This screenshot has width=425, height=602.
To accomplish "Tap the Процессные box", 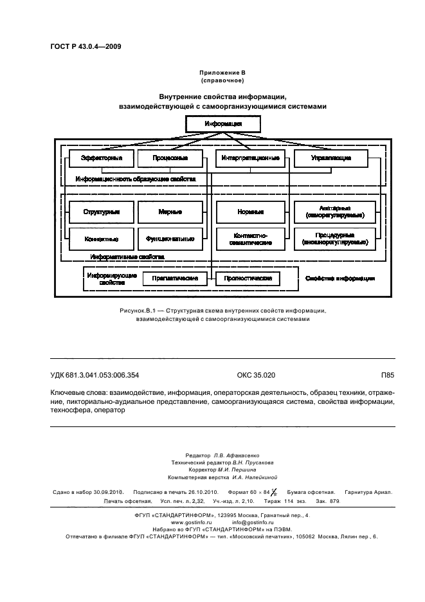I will pyautogui.click(x=170, y=158).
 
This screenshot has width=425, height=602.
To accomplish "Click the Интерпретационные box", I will pyautogui.click(x=250, y=158).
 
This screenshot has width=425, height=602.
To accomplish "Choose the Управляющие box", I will pyautogui.click(x=330, y=158).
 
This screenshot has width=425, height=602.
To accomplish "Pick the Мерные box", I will pyautogui.click(x=170, y=212).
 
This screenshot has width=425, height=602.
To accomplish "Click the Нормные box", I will pyautogui.click(x=250, y=212).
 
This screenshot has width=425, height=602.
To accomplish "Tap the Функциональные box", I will pyautogui.click(x=170, y=239).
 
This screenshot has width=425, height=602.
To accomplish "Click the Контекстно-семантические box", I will pyautogui.click(x=250, y=239).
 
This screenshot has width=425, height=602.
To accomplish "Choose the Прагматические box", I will pyautogui.click(x=175, y=278).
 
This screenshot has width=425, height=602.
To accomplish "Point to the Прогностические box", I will pyautogui.click(x=248, y=278).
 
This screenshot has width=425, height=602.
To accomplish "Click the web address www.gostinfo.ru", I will pyautogui.click(x=191, y=523).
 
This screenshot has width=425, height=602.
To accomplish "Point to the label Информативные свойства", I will pyautogui.click(x=127, y=255).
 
